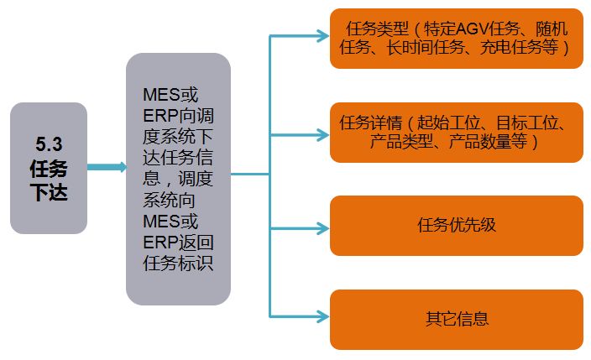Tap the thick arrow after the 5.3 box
pyautogui.click(x=106, y=167)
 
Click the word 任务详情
pyautogui.click(x=364, y=124)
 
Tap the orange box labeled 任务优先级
pyautogui.click(x=456, y=225)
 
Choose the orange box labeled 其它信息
pyautogui.click(x=456, y=319)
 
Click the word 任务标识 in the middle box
pyautogui.click(x=178, y=263)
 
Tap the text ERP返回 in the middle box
pyautogui.click(x=178, y=243)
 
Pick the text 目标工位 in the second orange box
pyautogui.click(x=521, y=124)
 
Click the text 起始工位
pyautogui.click(x=444, y=124)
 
